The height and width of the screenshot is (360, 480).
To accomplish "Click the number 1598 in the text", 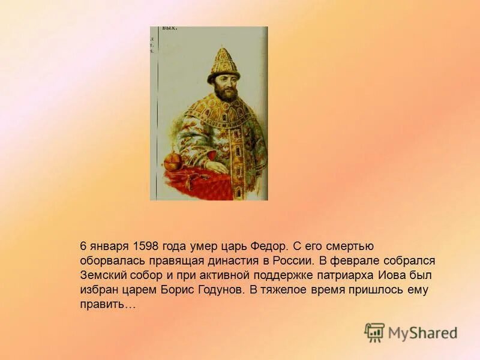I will coord(149,247).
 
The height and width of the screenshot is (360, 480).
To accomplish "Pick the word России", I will coord(291,261).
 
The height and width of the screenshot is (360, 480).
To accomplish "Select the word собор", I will coord(146,275).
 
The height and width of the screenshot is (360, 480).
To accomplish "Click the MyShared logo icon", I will coord(374,332).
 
